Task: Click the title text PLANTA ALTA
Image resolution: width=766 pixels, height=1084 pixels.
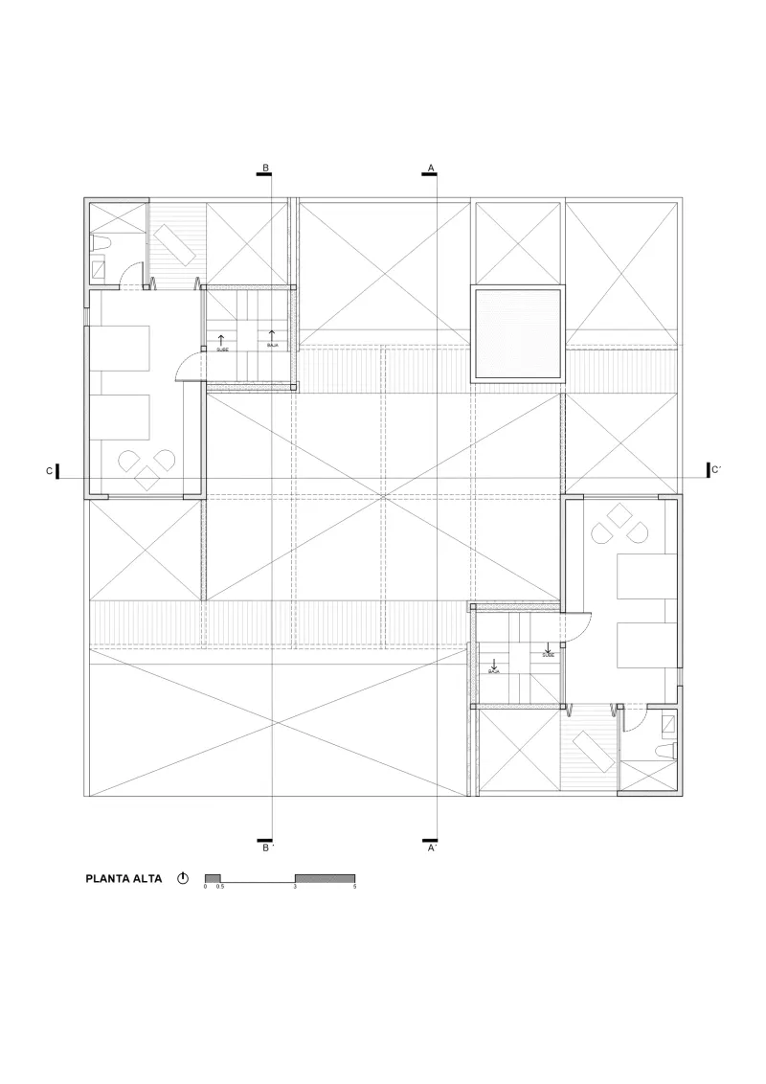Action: point(124,878)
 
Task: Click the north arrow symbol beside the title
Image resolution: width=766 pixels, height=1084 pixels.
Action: point(183,878)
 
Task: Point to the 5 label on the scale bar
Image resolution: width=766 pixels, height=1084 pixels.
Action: point(355,888)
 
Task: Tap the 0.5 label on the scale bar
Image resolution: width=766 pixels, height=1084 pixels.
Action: point(220,888)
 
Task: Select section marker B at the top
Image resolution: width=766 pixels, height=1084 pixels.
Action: point(265,169)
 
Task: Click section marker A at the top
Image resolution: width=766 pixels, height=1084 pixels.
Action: point(431,169)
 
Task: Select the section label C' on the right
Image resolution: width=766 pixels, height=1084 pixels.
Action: point(716,469)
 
